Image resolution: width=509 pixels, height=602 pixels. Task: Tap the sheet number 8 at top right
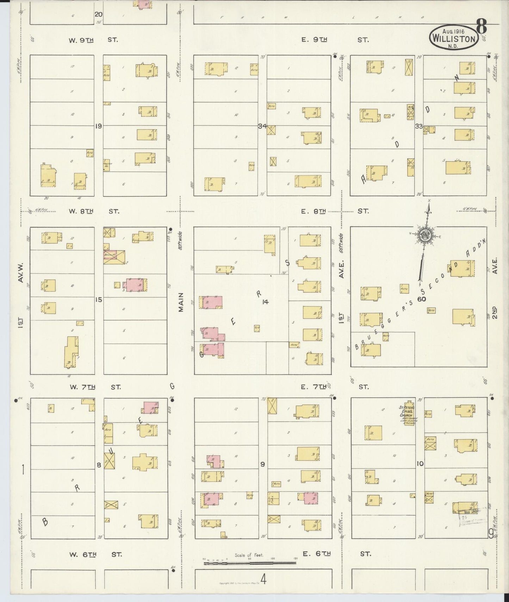pos(482,25)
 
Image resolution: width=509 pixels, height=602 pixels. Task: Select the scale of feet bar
pos(249,563)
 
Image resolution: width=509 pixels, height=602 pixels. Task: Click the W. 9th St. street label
pos(93,40)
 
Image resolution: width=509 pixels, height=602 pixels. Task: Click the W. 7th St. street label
pos(95,387)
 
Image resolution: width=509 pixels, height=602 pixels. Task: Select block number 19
pos(98,126)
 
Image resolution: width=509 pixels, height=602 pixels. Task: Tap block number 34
pos(262,126)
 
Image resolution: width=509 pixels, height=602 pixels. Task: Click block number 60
pos(421,299)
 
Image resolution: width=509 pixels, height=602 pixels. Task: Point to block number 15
pos(98,300)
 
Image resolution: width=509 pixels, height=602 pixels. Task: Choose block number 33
pos(419,126)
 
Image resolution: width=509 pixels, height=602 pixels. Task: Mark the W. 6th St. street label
pos(95,554)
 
